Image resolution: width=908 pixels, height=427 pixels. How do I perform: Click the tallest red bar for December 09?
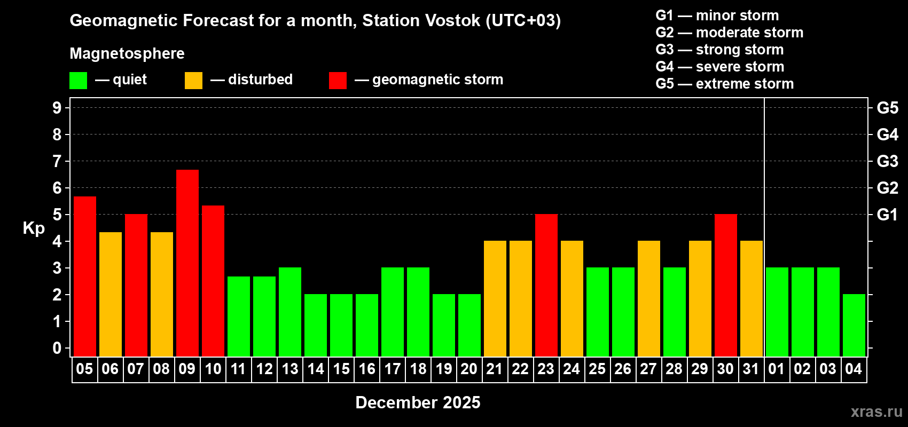[x=187, y=263]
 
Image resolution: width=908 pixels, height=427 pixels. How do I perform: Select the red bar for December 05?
[x=85, y=276]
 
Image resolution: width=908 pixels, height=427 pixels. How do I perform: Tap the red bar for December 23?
[x=546, y=285]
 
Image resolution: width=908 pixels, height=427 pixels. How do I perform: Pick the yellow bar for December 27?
[x=649, y=298]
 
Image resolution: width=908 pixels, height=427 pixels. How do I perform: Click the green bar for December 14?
[x=316, y=325]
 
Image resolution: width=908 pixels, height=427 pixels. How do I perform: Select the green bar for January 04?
[x=854, y=325]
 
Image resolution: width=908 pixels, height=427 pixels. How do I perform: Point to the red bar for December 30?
[x=726, y=285]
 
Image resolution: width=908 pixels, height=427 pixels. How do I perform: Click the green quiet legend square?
[x=79, y=81]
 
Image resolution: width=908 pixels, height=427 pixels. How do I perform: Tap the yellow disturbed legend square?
[x=193, y=81]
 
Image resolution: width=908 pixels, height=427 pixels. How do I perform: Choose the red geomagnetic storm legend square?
[x=338, y=81]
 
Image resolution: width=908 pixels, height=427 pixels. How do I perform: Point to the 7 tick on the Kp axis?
[x=57, y=161]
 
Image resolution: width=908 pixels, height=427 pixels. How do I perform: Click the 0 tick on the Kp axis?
[x=57, y=349]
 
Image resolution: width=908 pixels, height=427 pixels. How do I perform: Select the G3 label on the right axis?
[x=887, y=161]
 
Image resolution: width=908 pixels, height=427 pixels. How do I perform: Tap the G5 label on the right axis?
[x=887, y=108]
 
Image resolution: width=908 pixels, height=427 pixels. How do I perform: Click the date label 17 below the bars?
[x=393, y=369]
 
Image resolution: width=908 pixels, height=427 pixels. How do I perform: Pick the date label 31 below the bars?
[x=751, y=369]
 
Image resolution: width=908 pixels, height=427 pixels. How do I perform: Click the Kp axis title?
[x=34, y=228]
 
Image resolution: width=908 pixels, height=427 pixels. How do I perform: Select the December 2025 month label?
[x=418, y=402]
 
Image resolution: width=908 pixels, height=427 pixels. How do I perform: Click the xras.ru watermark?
[x=876, y=412]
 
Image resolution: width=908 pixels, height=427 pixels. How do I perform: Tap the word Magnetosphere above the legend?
[x=127, y=53]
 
